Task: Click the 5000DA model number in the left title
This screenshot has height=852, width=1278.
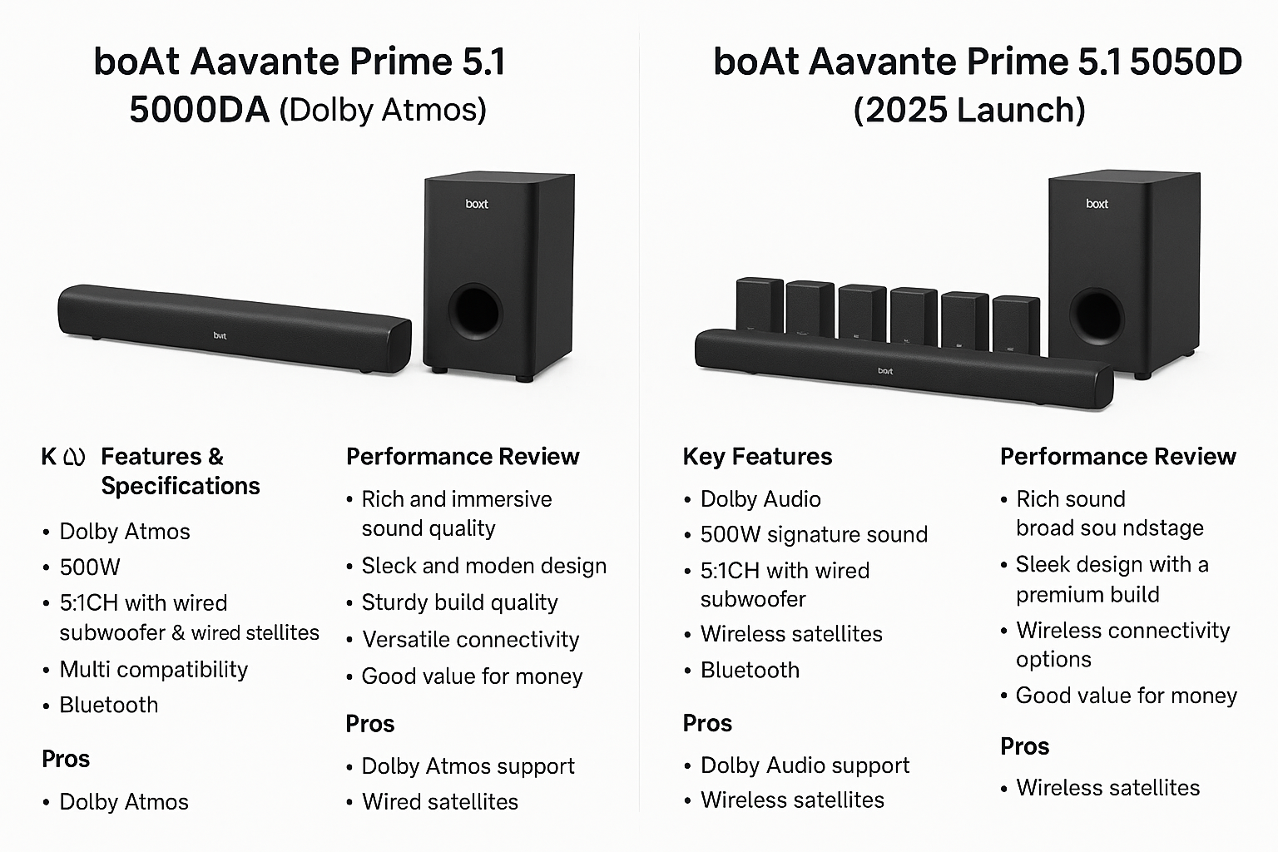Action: [199, 110]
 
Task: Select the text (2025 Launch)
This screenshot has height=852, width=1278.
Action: [969, 110]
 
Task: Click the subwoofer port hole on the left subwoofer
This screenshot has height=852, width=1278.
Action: [474, 311]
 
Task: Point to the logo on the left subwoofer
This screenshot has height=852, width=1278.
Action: [477, 204]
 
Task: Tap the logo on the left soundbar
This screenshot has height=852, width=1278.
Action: [220, 336]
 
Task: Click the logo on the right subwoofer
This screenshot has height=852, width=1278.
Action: [1097, 204]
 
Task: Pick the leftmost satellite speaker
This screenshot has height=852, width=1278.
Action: [759, 306]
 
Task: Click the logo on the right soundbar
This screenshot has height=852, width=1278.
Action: [885, 371]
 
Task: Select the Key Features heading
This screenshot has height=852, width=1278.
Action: [757, 457]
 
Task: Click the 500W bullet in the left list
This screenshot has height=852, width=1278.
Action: [90, 567]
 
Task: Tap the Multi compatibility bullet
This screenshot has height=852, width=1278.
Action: [153, 669]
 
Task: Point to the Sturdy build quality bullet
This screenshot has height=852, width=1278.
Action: [459, 602]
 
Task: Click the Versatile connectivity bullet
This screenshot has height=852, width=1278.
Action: [470, 639]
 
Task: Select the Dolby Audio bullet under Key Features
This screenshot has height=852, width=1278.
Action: [760, 499]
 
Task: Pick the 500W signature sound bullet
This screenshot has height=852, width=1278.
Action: [814, 534]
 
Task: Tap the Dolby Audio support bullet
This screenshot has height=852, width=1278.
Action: [805, 765]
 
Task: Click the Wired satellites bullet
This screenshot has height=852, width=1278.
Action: [439, 802]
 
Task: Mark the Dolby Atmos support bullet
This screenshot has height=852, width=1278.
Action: [468, 766]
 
